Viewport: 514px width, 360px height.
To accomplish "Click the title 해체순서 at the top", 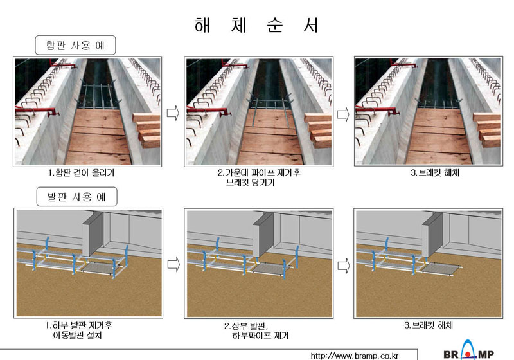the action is [x=256, y=25].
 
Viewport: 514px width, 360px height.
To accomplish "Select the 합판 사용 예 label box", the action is [x=75, y=45].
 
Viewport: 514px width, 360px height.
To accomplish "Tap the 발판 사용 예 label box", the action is [x=76, y=197].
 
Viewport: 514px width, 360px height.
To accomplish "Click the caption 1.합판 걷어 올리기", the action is [x=82, y=172].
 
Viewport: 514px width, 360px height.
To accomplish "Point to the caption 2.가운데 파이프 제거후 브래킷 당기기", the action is [x=259, y=177].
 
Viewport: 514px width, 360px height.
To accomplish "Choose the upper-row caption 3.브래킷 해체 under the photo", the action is [x=435, y=172].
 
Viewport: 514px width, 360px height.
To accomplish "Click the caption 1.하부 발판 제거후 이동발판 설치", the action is [x=78, y=330].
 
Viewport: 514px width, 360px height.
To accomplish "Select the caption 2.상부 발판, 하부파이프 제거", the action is [x=256, y=330].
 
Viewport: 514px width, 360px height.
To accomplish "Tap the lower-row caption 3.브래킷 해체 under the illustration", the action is [x=429, y=325].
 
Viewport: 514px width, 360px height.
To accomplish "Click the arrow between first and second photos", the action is [x=173, y=113].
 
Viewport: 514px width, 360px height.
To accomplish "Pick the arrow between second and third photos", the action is [x=343, y=114].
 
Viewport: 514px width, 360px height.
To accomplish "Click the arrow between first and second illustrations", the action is [x=173, y=264].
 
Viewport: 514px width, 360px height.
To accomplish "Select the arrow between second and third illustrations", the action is [x=344, y=265].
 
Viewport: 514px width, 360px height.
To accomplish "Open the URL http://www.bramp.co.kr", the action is [x=355, y=355].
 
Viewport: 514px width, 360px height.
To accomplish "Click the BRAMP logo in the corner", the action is [x=469, y=351].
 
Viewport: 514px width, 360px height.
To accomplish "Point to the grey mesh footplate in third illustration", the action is [x=440, y=269].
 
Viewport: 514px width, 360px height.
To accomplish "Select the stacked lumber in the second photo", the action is [x=319, y=129].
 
